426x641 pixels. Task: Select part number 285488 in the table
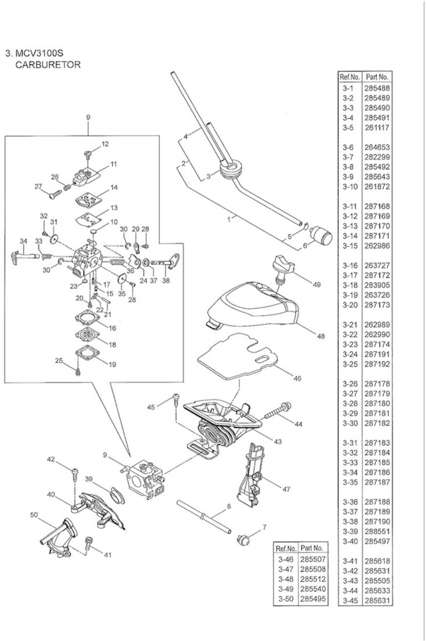377,88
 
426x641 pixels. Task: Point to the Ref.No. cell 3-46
286,559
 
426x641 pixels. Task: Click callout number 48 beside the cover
321,336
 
